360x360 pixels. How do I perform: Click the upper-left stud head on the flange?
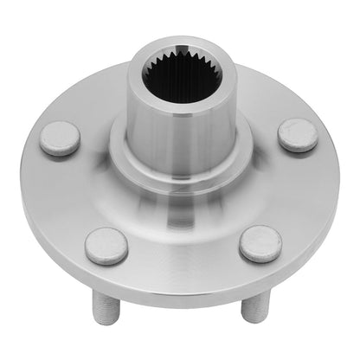point(61,138)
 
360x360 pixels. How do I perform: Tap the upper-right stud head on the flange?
point(297,135)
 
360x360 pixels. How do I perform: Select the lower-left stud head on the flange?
point(107,247)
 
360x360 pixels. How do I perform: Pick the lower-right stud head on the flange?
point(260,244)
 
